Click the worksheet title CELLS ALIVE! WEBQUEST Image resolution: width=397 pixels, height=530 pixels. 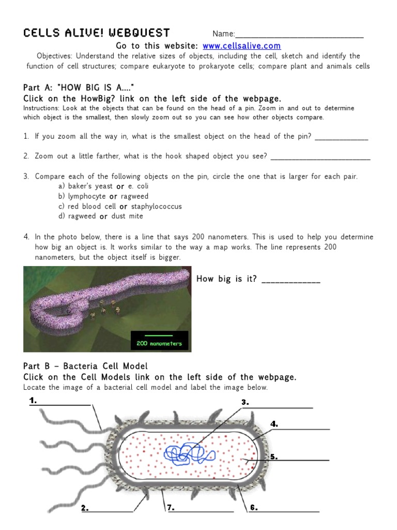coord(97,33)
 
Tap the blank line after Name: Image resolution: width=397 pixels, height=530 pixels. coord(299,35)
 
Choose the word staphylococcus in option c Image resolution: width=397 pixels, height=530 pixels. coord(157,207)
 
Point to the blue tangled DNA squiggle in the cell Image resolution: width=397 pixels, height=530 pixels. coord(189,454)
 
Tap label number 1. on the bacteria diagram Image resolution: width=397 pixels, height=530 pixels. coord(33,401)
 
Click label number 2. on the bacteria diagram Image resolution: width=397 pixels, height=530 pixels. coord(84,508)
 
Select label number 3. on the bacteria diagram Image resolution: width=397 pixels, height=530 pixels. coord(245,402)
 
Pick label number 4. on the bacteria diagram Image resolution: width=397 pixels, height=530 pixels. coord(274,424)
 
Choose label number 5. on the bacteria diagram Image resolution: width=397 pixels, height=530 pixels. coord(274,457)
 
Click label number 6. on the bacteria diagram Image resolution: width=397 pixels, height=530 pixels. coord(254,508)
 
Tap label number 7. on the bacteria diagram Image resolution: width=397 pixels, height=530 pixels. coord(170,508)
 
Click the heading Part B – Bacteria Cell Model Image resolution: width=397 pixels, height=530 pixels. coord(85,366)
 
